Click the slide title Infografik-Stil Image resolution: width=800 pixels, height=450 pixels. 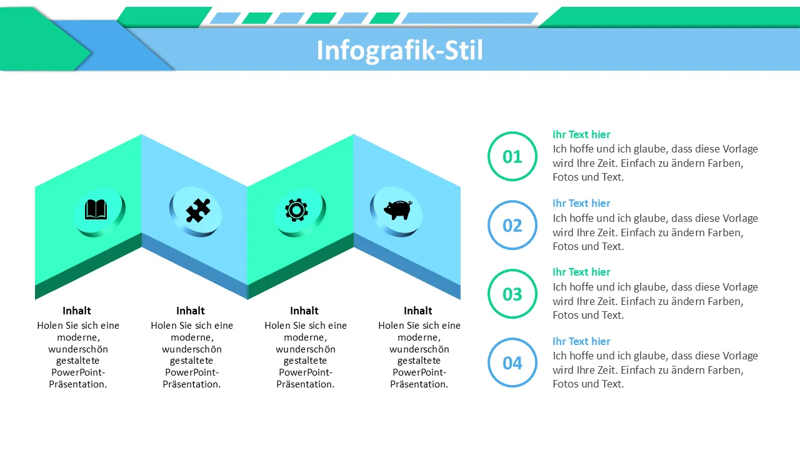click(399, 51)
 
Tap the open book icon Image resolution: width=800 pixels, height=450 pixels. click(96, 209)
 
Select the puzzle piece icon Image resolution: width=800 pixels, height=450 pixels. click(198, 211)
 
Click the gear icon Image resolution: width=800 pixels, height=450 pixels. click(296, 210)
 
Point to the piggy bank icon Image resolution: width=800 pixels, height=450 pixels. click(398, 209)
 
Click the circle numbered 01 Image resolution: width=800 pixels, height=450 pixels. click(512, 134)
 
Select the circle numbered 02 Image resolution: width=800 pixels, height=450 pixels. click(512, 202)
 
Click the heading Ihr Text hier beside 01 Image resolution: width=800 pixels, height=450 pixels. click(581, 134)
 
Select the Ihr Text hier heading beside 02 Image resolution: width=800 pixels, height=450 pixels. click(581, 203)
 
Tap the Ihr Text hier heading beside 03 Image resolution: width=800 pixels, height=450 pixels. click(581, 272)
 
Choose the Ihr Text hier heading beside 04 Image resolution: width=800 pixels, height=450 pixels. click(581, 341)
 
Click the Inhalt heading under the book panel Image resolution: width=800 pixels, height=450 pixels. click(77, 311)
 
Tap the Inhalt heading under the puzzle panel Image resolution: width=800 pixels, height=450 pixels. click(191, 311)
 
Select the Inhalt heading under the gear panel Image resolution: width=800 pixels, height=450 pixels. click(304, 311)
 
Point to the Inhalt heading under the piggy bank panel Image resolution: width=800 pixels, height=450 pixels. click(418, 311)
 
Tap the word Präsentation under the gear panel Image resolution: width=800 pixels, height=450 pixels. click(306, 384)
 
